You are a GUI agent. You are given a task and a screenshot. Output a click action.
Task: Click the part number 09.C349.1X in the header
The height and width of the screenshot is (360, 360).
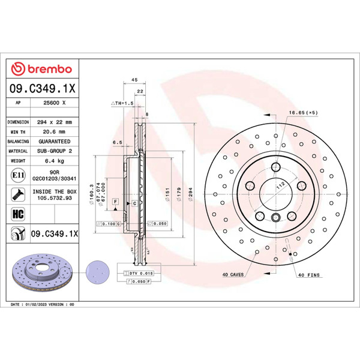(x=42, y=89)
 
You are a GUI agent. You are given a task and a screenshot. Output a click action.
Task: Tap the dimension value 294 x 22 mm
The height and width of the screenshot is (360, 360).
(x=55, y=122)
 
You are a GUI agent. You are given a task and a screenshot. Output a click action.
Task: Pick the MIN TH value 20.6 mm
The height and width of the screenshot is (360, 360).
(x=54, y=131)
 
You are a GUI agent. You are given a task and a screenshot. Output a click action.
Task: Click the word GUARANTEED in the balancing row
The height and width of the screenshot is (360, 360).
(x=54, y=142)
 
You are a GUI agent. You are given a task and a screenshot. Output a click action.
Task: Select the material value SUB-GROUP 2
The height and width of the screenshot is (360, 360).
(x=54, y=151)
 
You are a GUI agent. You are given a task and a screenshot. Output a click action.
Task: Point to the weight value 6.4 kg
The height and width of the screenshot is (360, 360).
(x=54, y=161)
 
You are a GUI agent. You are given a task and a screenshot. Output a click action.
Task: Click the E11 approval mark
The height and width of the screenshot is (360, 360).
(x=18, y=175)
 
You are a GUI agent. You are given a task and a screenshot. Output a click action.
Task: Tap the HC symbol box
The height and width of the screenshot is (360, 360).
(x=17, y=213)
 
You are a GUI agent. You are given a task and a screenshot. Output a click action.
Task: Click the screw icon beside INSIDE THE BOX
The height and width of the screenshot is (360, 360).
(x=17, y=194)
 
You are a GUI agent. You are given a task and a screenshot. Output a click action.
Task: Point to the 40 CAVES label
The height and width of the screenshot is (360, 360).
(x=232, y=274)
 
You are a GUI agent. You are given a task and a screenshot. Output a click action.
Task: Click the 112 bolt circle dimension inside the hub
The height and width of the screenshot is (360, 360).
(x=279, y=186)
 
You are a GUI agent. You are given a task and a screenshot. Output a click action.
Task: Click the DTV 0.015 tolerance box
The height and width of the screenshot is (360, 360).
(x=141, y=273)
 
